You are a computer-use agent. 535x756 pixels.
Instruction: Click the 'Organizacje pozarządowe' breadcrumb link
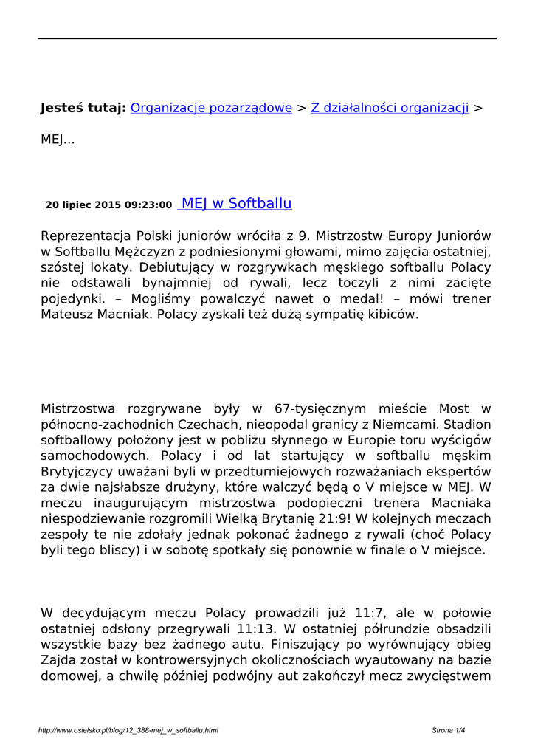tap(211, 108)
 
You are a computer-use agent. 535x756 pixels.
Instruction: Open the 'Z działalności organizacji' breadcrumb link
tap(390, 108)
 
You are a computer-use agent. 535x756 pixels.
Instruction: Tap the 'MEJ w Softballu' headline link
tap(236, 204)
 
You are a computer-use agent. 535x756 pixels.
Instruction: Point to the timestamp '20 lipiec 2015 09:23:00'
tap(108, 205)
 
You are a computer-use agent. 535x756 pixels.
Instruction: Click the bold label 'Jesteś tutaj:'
tap(83, 108)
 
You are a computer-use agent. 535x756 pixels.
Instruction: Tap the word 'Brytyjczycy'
tap(77, 471)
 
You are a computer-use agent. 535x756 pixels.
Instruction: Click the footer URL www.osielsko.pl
tap(128, 731)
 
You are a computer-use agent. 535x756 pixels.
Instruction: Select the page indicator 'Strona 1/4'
tap(449, 731)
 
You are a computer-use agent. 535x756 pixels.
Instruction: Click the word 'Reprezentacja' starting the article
tap(84, 236)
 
